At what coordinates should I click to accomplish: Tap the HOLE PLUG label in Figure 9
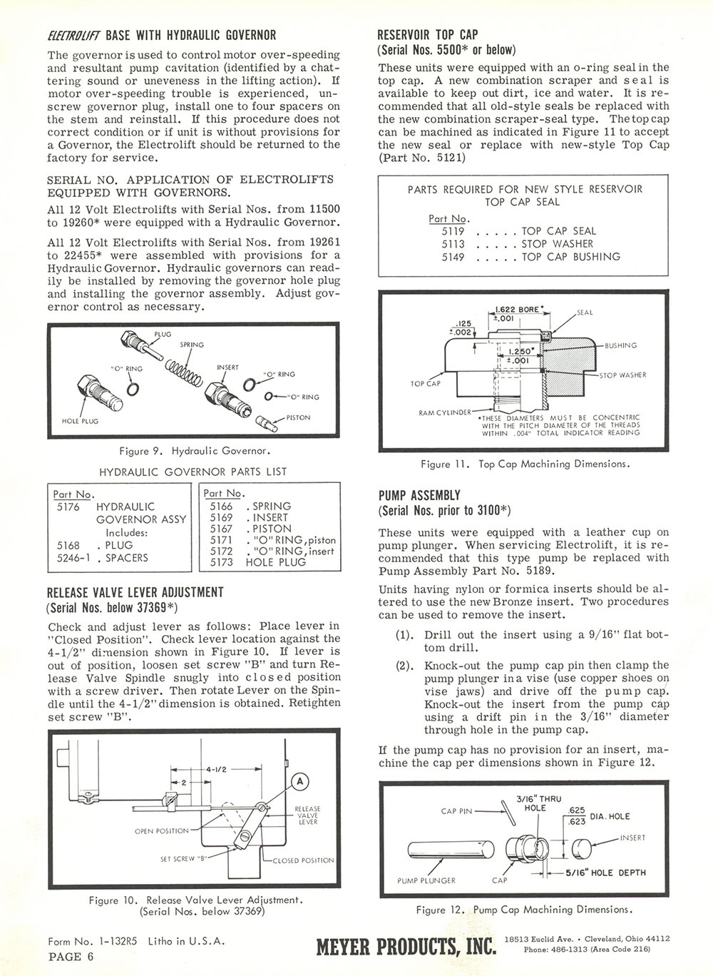(80, 421)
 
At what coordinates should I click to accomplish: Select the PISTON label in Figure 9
(298, 417)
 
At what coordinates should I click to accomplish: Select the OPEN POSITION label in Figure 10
(162, 831)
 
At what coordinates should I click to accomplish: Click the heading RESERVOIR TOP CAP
(428, 34)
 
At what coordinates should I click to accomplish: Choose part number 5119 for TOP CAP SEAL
(453, 231)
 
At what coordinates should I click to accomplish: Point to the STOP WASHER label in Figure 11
(622, 375)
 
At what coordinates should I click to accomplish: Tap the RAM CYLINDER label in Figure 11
(444, 412)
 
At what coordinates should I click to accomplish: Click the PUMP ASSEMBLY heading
(419, 495)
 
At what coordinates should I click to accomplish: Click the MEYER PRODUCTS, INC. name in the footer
(405, 947)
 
